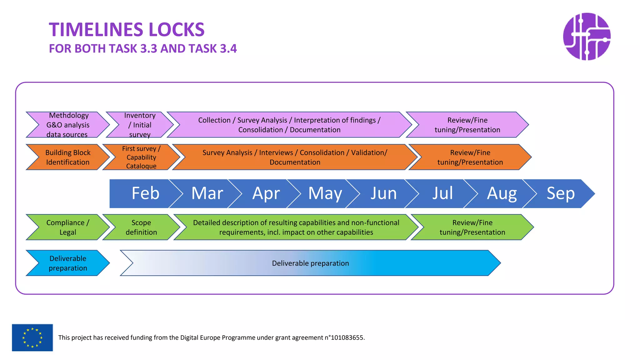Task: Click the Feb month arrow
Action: [x=145, y=193]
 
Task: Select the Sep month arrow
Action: [x=561, y=193]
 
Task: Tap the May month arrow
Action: [x=325, y=193]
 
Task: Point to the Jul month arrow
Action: [x=442, y=193]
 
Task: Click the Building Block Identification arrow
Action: [x=68, y=157]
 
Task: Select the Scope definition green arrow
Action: [x=141, y=227]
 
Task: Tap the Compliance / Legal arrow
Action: [x=68, y=227]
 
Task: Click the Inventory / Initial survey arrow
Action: [x=140, y=125]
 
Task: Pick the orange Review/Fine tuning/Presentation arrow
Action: [x=470, y=157]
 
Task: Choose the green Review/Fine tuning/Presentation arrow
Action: [x=472, y=227]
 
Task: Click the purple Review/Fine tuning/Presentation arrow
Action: [x=467, y=125]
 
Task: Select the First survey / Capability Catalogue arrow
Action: [x=141, y=157]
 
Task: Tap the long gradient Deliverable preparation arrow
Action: [x=310, y=263]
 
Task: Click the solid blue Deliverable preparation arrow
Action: [x=68, y=263]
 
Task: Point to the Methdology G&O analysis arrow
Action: [x=68, y=125]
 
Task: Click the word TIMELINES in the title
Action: [x=95, y=30]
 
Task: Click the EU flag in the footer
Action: [x=32, y=337]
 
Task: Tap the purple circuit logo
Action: [x=587, y=37]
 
